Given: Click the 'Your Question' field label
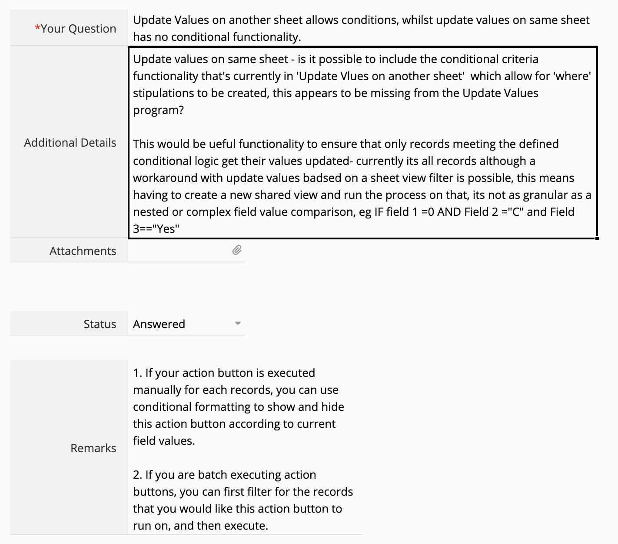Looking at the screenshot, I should (x=78, y=29).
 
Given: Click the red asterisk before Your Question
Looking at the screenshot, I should (x=37, y=28).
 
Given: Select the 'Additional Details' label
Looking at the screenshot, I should (x=70, y=143).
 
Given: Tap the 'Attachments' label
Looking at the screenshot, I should (x=83, y=251).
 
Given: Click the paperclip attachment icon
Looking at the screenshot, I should (x=237, y=250).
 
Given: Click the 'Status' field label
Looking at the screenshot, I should (x=100, y=324).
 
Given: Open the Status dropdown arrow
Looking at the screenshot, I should (x=238, y=323).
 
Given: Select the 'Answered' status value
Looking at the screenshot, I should (x=159, y=324).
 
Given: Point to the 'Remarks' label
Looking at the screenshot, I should (x=93, y=448).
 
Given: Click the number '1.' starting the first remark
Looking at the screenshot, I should (x=137, y=373).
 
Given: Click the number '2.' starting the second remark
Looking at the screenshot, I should (x=137, y=475).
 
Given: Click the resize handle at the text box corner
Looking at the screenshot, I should (x=597, y=238).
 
